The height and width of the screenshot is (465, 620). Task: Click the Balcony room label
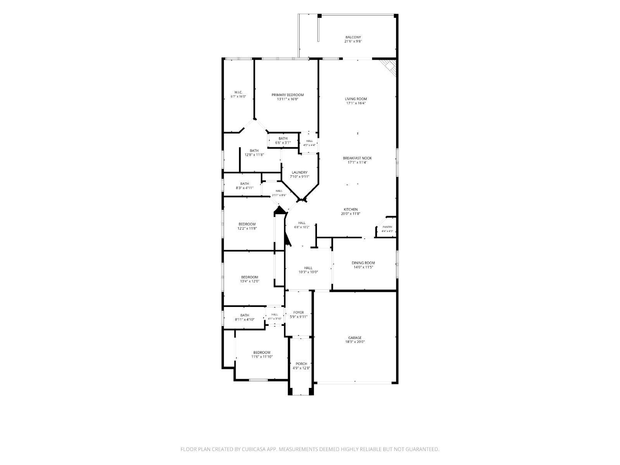point(353,37)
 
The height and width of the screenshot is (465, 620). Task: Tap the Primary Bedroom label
point(288,95)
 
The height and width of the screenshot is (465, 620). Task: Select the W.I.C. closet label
point(238,92)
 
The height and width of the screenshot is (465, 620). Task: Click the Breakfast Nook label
point(357,158)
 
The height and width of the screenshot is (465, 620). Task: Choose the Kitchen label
point(351,210)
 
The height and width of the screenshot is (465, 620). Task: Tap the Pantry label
point(387,227)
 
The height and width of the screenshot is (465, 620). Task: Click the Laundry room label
point(300,172)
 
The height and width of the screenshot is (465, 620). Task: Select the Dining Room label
point(363,263)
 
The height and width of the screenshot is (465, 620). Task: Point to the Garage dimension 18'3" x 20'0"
point(355,342)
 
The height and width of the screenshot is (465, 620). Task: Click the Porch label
point(301,363)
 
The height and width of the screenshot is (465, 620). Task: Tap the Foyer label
point(298,313)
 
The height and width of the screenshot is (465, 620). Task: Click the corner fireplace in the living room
point(389,67)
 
